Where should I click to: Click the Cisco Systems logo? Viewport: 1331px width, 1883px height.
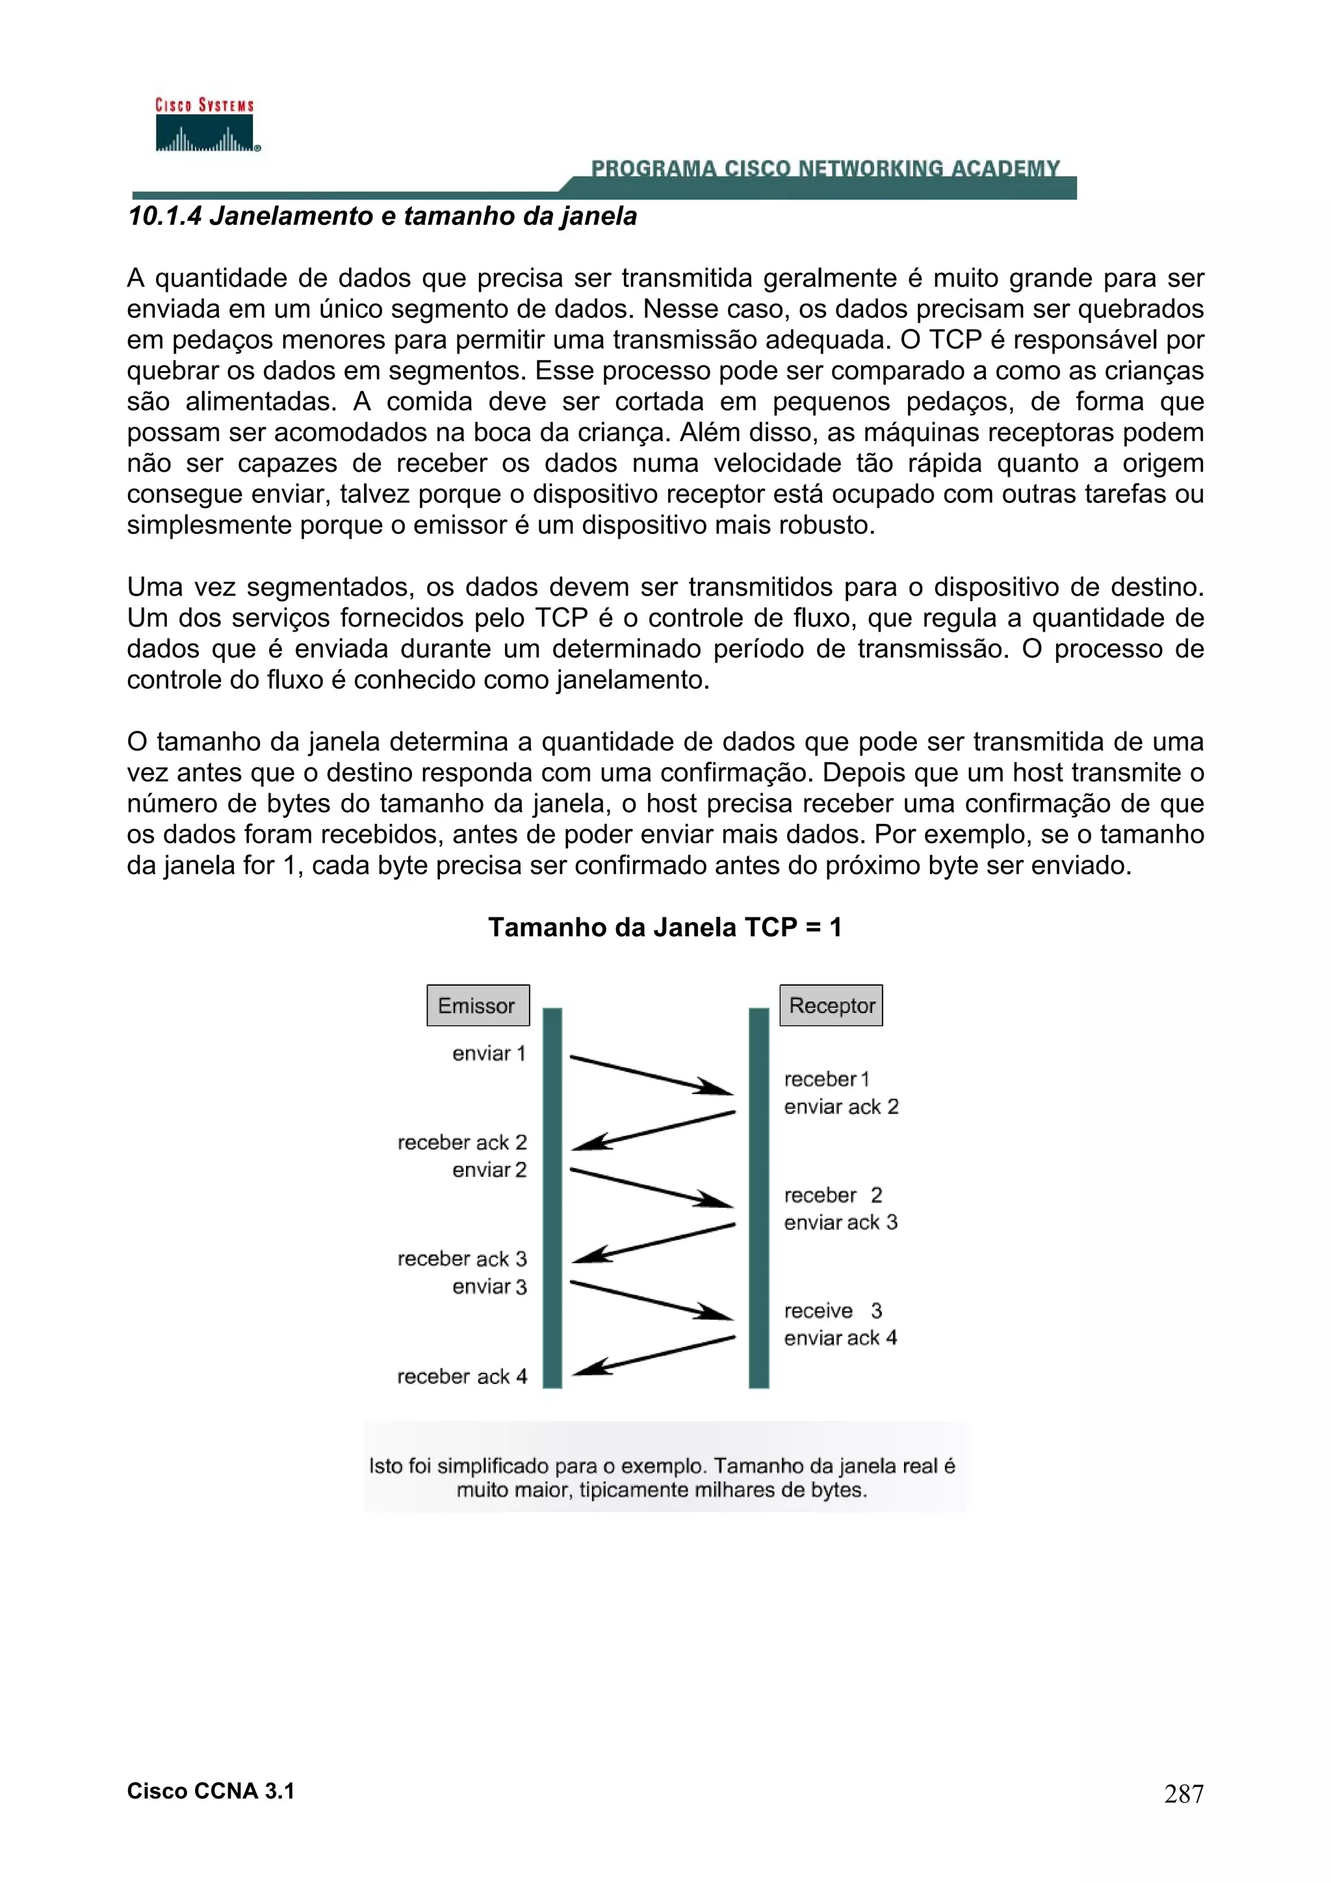tap(206, 125)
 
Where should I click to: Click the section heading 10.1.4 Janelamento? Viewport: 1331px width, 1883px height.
tap(382, 216)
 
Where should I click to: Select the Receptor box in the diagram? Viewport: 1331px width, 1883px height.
tap(831, 1005)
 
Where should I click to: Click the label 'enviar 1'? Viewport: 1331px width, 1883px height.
tap(489, 1054)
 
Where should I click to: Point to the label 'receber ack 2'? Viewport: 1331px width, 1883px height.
tap(461, 1142)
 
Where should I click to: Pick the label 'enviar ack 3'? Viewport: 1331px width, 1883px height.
tap(840, 1223)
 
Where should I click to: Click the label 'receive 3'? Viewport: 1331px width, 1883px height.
tap(833, 1311)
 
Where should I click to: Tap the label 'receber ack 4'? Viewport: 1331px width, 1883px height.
tap(461, 1376)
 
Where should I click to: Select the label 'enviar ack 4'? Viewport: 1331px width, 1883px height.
tap(840, 1339)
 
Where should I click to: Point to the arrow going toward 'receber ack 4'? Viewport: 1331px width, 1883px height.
tap(654, 1355)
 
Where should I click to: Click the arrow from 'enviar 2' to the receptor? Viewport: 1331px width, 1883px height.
tap(651, 1188)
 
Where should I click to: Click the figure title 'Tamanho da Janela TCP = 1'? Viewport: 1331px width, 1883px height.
tap(665, 928)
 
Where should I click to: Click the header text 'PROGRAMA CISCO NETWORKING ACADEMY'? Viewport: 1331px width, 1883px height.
tap(825, 169)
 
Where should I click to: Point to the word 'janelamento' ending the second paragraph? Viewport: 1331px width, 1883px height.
tap(632, 680)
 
